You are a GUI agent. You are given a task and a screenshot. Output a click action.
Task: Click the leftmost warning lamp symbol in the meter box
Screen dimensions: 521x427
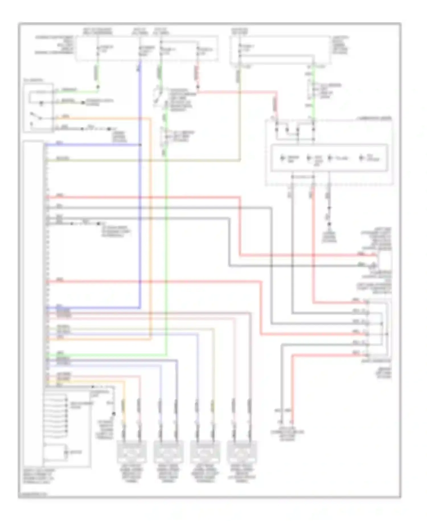point(283,158)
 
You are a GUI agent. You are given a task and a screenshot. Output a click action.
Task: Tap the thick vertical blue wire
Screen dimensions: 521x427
point(140,228)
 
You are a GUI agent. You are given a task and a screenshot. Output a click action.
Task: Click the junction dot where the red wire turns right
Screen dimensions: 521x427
point(198,87)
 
